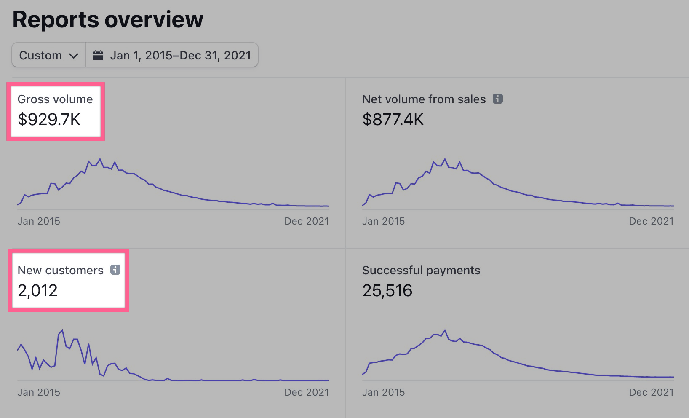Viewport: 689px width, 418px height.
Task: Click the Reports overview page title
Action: point(108,19)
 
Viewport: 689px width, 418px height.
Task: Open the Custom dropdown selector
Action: point(49,55)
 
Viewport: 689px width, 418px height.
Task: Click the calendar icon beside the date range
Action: point(98,55)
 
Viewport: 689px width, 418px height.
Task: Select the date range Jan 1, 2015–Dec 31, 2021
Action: point(180,55)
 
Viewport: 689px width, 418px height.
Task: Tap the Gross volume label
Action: point(55,99)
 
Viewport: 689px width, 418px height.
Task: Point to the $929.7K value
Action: point(49,120)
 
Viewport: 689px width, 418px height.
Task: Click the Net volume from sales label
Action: point(424,99)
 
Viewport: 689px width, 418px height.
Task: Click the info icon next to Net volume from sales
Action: point(498,99)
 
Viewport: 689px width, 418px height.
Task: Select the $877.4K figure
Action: point(393,120)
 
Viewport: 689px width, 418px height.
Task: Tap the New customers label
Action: point(61,270)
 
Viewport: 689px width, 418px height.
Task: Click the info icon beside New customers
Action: point(115,270)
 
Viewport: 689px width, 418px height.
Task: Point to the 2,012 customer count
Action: point(37,291)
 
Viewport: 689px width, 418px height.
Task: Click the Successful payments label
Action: point(421,270)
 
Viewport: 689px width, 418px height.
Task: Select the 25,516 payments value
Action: point(387,291)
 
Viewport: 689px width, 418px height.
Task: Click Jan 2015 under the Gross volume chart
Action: point(39,221)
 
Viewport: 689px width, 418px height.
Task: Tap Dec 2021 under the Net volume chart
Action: point(651,221)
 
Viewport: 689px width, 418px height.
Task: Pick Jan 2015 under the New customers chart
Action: point(39,392)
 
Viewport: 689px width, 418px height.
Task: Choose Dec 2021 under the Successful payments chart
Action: point(651,392)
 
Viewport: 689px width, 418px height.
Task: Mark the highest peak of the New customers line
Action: point(62,330)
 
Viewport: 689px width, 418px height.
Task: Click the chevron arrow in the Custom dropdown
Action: point(74,56)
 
